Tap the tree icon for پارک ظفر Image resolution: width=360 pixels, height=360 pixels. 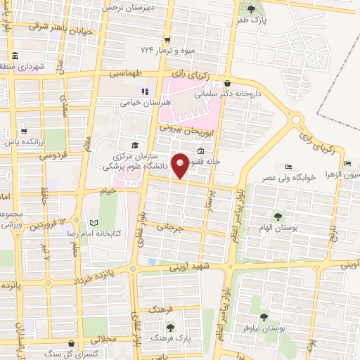(x=252, y=9)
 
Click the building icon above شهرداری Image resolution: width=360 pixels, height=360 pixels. (x=15, y=56)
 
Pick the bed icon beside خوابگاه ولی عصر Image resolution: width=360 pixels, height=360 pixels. (x=288, y=167)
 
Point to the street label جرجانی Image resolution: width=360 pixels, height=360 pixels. (x=169, y=228)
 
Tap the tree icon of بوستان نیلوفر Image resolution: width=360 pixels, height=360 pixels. (x=264, y=317)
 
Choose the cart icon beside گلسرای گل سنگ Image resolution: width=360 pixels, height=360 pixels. (x=70, y=344)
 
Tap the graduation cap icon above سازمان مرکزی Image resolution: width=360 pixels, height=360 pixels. (x=134, y=146)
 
